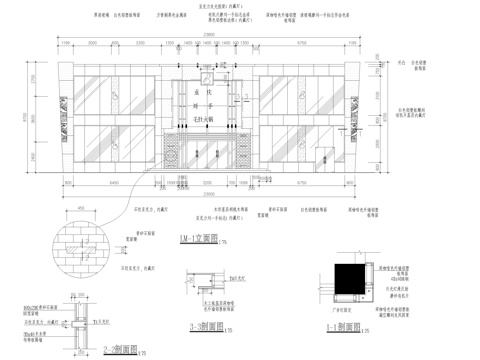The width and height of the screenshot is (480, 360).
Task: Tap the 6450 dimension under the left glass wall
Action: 112,183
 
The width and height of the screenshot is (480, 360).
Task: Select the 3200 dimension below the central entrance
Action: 206,183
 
